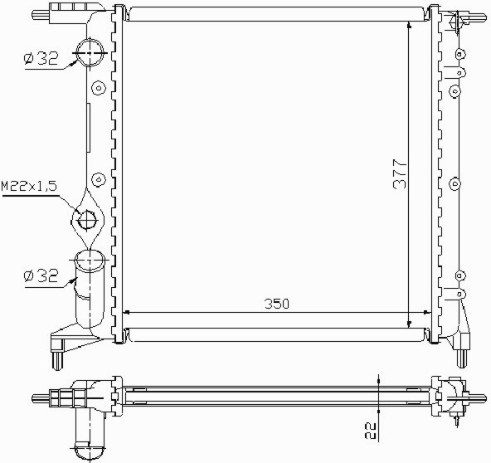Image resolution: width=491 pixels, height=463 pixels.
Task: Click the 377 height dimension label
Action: [400, 174]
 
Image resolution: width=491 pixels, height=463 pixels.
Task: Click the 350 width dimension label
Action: [277, 304]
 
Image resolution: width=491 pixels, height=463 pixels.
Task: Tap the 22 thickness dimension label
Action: [371, 431]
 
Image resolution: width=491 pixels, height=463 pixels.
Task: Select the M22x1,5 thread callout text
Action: [29, 186]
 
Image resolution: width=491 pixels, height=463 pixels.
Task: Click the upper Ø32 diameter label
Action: [41, 59]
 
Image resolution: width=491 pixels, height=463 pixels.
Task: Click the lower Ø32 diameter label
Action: [41, 275]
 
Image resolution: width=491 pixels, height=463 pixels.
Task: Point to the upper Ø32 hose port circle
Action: [90, 41]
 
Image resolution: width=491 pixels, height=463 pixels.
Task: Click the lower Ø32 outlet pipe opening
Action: [90, 251]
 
